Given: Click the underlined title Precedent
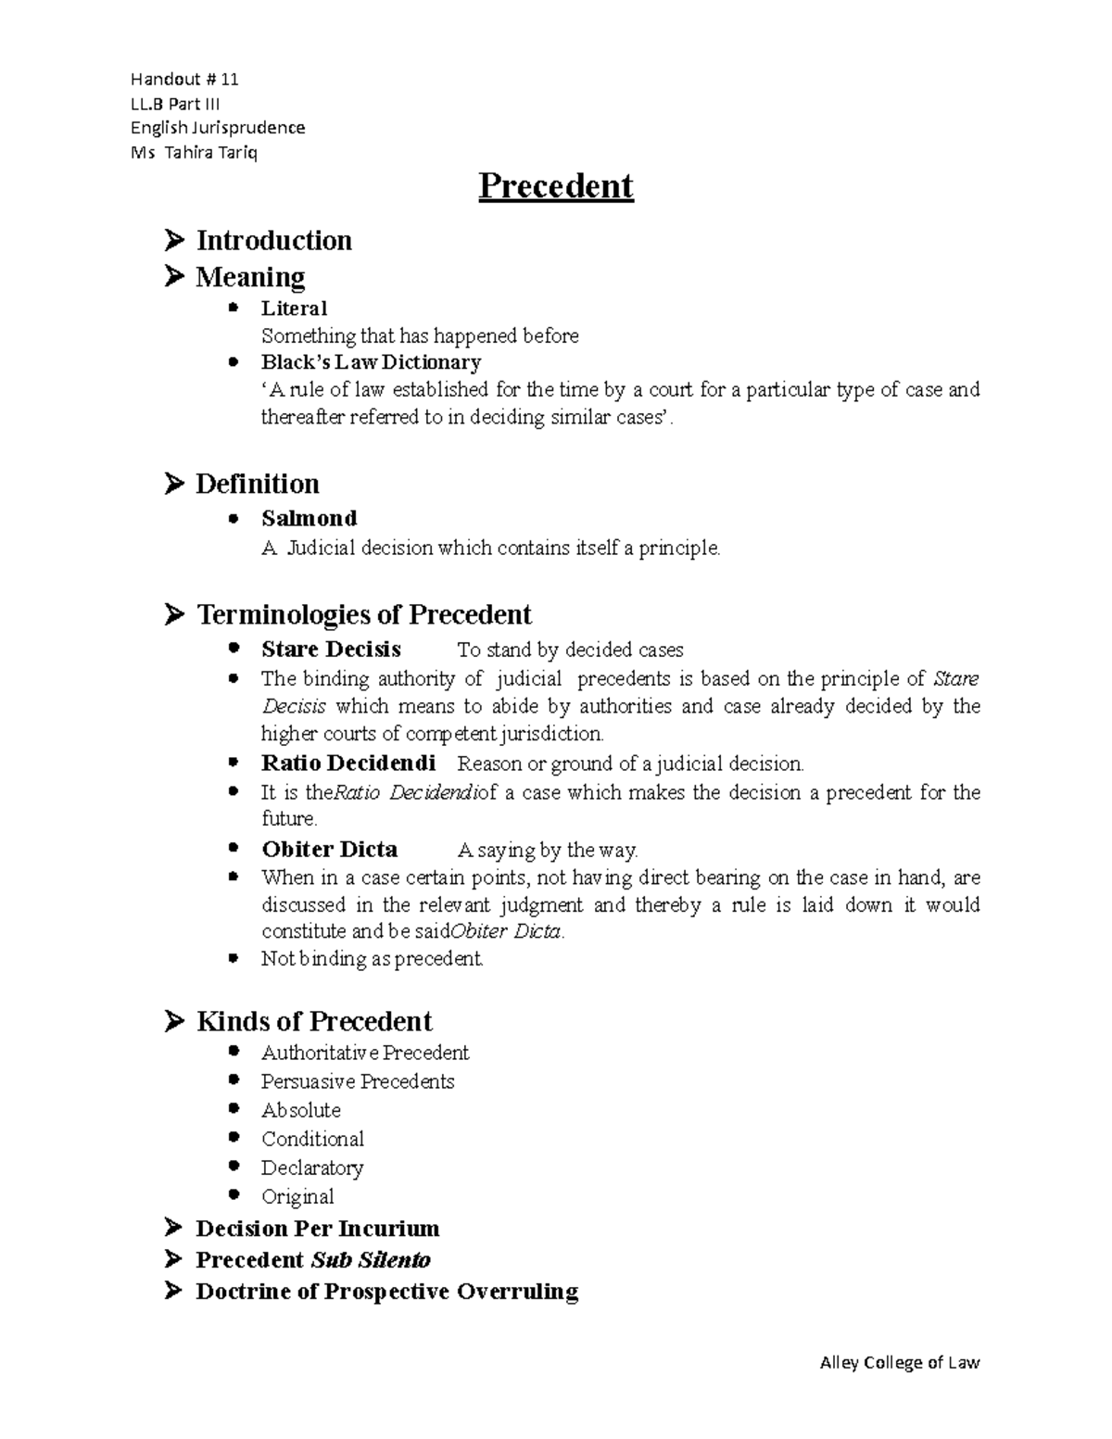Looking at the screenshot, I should [x=555, y=186].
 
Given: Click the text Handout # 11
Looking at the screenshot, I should [x=184, y=80].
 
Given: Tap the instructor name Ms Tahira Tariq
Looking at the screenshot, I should [x=194, y=152].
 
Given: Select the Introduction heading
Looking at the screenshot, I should [x=273, y=241].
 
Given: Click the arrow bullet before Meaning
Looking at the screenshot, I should [x=174, y=277].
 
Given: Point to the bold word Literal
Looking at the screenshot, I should [x=294, y=308].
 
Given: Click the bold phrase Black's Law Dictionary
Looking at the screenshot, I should [x=371, y=362].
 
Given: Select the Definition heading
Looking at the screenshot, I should [x=257, y=484].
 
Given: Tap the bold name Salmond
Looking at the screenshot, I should [x=309, y=518].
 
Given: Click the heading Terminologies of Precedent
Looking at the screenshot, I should [x=363, y=614].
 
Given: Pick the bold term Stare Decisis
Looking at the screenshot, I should [x=331, y=649].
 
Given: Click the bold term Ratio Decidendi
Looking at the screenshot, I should [x=347, y=764].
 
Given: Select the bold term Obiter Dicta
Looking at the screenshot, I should [x=329, y=849].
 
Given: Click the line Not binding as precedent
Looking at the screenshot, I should [x=372, y=959].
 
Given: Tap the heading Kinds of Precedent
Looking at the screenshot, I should [x=313, y=1021].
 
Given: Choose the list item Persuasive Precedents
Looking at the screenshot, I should [x=358, y=1081].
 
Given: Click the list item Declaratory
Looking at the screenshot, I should [x=311, y=1168].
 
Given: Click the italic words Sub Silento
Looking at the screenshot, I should [x=370, y=1260].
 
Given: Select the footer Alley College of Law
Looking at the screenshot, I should [x=899, y=1362].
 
